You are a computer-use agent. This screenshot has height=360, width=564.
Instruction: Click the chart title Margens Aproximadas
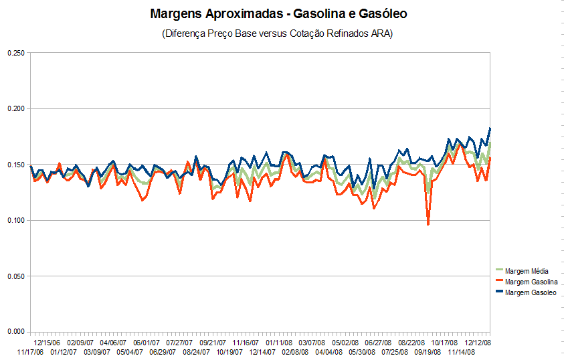[278, 13]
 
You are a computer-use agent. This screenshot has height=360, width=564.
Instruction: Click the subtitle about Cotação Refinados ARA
[277, 33]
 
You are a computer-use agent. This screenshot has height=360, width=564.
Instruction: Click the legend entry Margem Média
[527, 271]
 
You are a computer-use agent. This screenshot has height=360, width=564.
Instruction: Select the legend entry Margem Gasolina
[531, 282]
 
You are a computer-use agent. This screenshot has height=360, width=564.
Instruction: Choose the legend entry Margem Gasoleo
[531, 292]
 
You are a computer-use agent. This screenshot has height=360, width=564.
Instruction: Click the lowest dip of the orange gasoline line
[428, 225]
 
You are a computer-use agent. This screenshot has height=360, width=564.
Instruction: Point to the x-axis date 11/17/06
[30, 351]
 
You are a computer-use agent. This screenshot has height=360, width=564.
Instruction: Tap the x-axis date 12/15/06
[47, 342]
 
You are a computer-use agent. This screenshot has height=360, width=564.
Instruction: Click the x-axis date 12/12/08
[478, 342]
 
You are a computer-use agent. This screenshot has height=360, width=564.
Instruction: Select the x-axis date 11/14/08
[462, 351]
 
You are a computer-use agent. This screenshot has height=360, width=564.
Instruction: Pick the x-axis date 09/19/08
[428, 351]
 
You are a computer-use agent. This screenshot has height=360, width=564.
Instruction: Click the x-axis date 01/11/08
[279, 342]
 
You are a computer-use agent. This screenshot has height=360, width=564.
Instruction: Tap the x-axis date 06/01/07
[146, 342]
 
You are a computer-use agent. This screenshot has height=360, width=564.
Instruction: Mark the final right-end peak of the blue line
[490, 128]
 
